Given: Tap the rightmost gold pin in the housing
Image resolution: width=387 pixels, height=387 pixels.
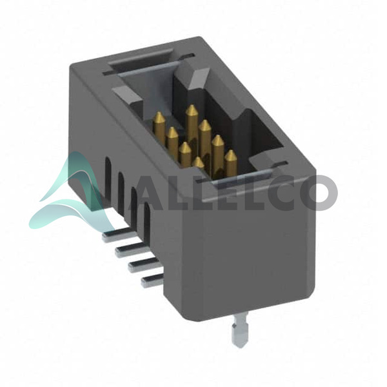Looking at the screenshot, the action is pyautogui.click(x=231, y=164).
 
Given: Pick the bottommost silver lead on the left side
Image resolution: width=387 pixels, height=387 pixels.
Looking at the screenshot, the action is pyautogui.click(x=152, y=281).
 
